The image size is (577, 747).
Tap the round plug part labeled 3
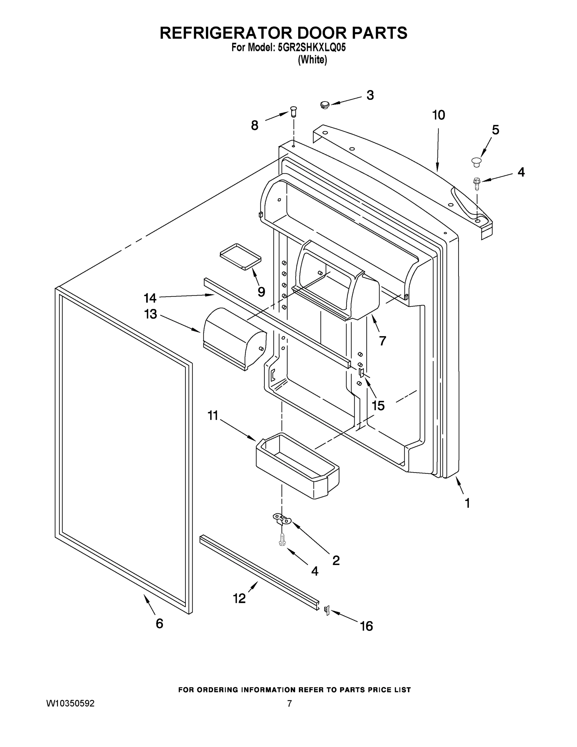point(324,104)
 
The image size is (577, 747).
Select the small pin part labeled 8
point(293,111)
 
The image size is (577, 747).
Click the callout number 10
point(439,115)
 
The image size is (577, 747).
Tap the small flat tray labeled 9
point(240,257)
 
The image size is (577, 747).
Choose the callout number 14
point(150,298)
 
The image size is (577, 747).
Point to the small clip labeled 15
point(361,373)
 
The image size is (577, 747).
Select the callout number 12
point(239,598)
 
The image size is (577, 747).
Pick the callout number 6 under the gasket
point(159,623)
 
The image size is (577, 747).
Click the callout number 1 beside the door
point(467,503)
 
